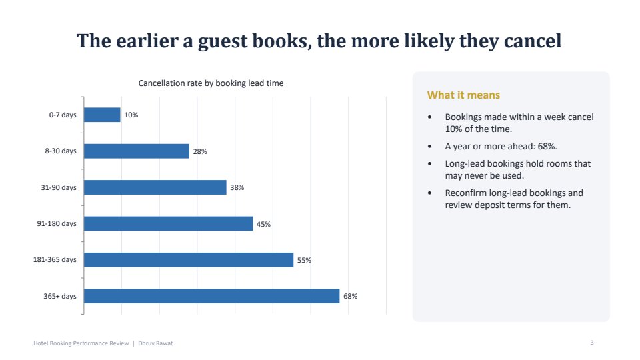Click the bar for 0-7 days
[x=102, y=115]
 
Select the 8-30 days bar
[x=137, y=151]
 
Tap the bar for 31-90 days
[x=155, y=187]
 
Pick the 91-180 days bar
[x=169, y=224]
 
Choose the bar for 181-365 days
[x=189, y=260]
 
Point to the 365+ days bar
[x=212, y=296]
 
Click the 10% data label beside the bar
[x=131, y=115]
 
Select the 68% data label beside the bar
[x=350, y=296]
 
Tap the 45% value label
[x=263, y=224]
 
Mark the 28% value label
[x=200, y=151]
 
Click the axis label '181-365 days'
[x=55, y=259]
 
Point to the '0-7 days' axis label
[x=63, y=115]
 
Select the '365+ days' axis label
[x=60, y=296]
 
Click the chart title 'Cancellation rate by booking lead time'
[x=211, y=83]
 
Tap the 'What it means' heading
[x=464, y=95]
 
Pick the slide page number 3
[x=592, y=343]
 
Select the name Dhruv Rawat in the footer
[x=155, y=343]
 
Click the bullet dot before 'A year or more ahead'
[x=429, y=147]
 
